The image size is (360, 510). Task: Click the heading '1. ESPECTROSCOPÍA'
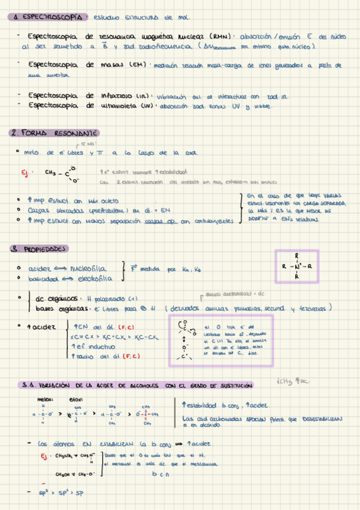(49, 17)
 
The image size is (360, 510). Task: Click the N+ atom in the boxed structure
(297, 265)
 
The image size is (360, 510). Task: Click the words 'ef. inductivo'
(94, 347)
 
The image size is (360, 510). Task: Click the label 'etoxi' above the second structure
(76, 399)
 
